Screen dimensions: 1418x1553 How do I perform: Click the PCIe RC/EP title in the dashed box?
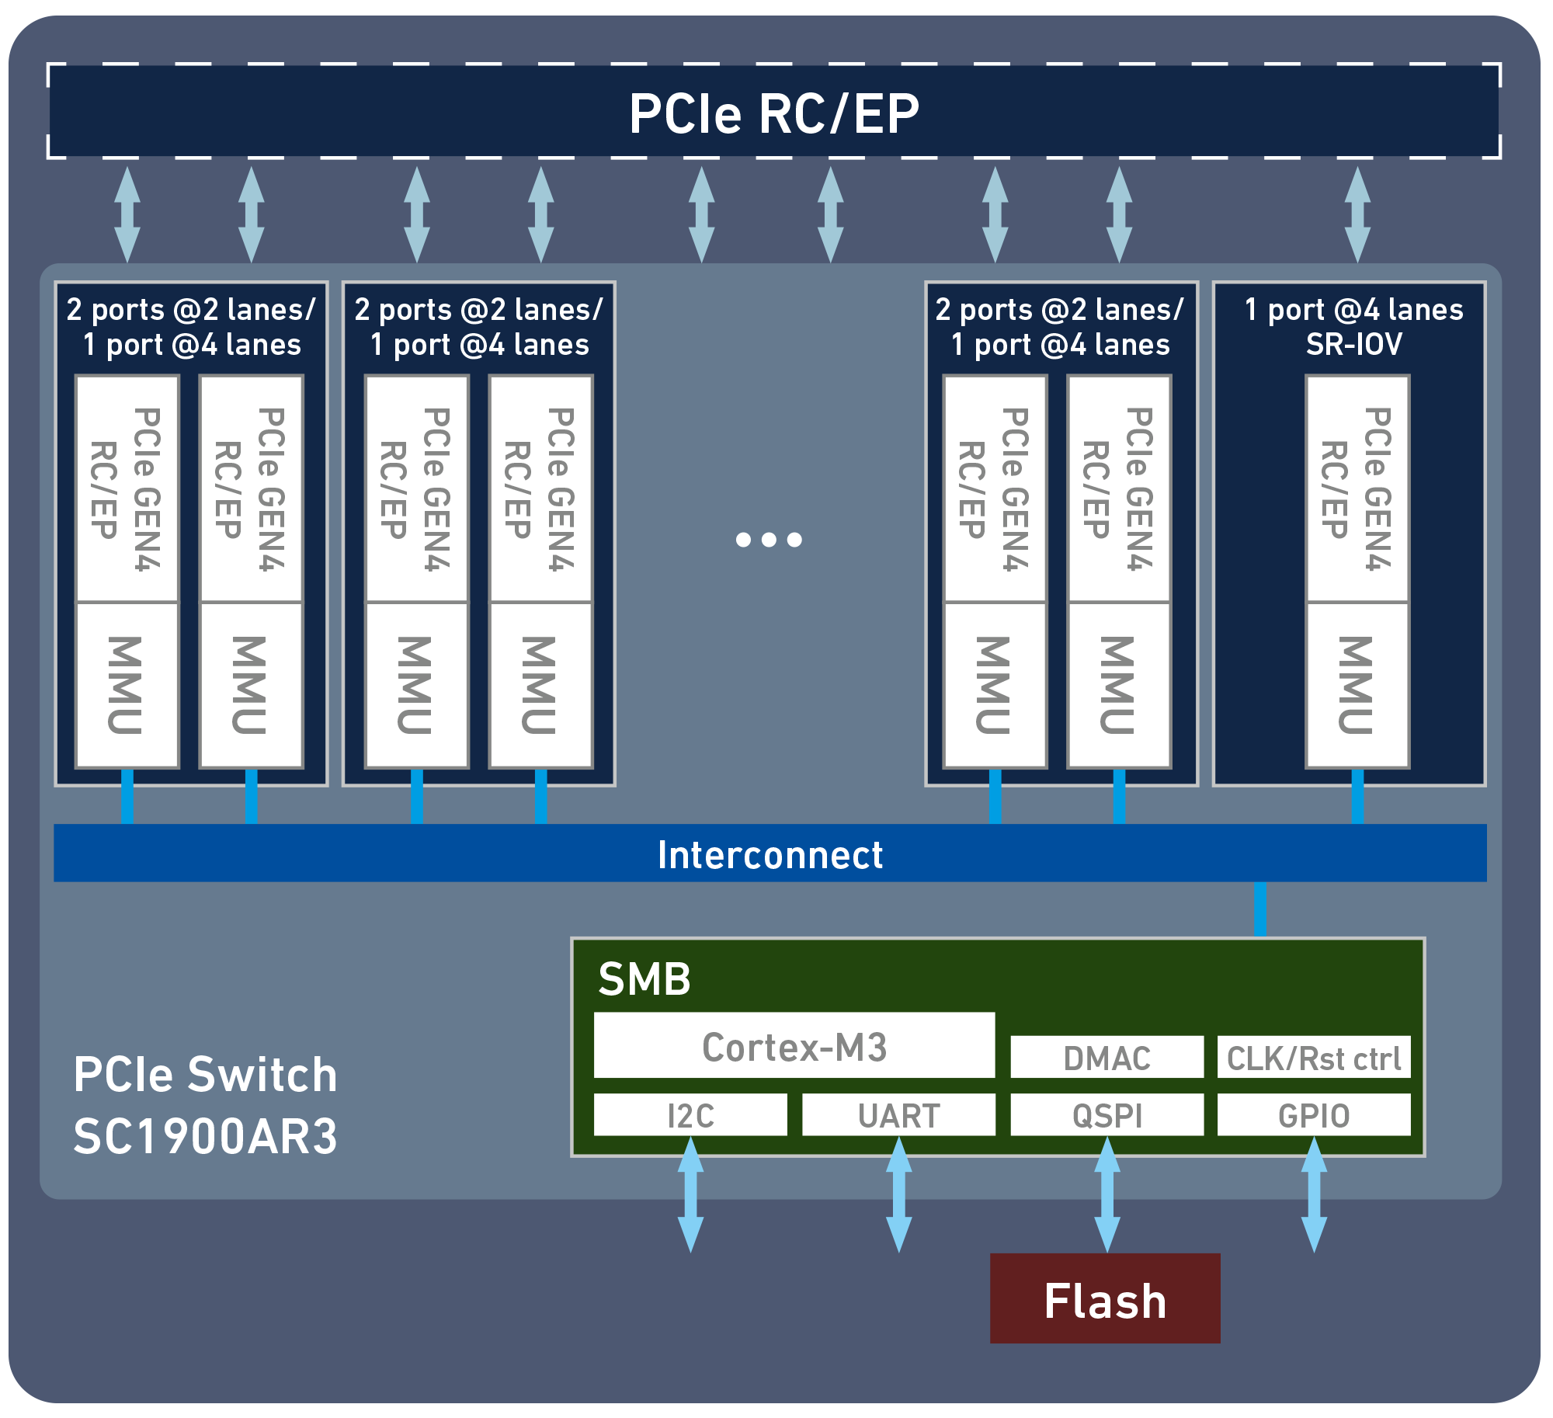[774, 113]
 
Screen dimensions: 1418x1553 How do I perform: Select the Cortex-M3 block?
[794, 1047]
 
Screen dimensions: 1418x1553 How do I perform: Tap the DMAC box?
[1107, 1058]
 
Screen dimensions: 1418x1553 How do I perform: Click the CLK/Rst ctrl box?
[1313, 1058]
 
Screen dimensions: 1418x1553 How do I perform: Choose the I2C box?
[690, 1115]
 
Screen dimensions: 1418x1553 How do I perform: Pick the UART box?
[898, 1115]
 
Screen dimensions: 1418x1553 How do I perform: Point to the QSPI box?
[1107, 1115]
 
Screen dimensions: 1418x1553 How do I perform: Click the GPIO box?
[1313, 1115]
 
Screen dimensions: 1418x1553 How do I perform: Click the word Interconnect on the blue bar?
[770, 854]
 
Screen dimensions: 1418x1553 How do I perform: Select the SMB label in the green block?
[644, 978]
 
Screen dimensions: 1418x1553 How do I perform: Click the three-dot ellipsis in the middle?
[769, 539]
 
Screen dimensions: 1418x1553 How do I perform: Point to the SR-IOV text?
[1353, 344]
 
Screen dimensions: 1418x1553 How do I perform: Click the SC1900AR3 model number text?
[205, 1136]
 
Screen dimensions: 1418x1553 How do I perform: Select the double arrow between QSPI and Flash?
[1107, 1194]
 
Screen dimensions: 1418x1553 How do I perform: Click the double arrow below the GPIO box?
[1314, 1194]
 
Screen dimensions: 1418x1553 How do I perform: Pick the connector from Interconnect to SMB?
[1260, 909]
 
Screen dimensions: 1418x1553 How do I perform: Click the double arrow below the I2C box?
[690, 1194]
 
